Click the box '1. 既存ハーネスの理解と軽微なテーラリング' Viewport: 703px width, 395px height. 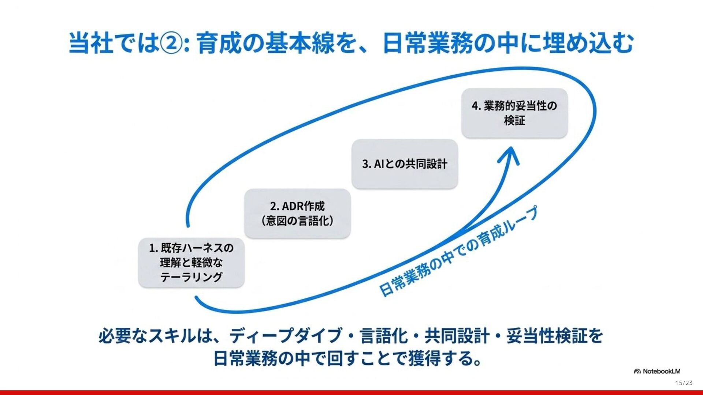pyautogui.click(x=191, y=263)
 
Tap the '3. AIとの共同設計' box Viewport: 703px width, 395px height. pyautogui.click(x=405, y=164)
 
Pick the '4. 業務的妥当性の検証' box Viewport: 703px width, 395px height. pyautogui.click(x=514, y=113)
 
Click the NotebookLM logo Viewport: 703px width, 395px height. pyautogui.click(x=657, y=371)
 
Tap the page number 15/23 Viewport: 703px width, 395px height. pyautogui.click(x=684, y=383)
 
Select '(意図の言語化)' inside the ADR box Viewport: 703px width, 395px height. pyautogui.click(x=297, y=221)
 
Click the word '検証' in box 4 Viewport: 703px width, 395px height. pyautogui.click(x=514, y=120)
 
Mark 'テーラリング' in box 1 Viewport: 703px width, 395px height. pyautogui.click(x=191, y=277)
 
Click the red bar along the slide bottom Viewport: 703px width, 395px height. pyautogui.click(x=351, y=392)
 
